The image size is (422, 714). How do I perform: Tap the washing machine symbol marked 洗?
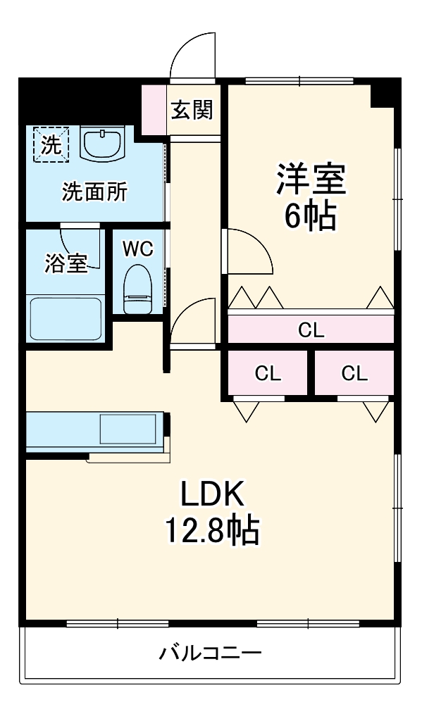tap(51, 144)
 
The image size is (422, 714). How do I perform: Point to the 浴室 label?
tap(66, 263)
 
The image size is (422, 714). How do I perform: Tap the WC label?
tap(137, 249)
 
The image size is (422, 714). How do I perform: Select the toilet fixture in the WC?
tap(137, 288)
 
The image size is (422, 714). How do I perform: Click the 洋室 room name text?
tap(310, 178)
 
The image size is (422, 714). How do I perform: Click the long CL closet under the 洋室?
tap(311, 329)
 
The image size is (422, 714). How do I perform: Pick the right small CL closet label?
tap(354, 374)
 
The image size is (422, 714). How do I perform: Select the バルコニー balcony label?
tap(210, 653)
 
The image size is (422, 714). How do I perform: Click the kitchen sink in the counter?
tap(128, 430)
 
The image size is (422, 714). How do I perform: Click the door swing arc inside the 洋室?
tap(248, 252)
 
